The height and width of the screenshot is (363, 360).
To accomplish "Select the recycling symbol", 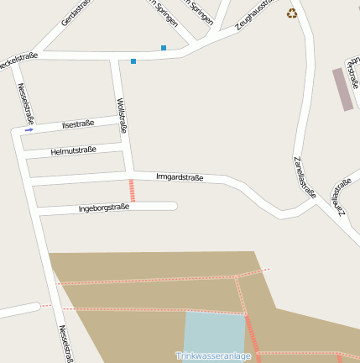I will (292, 13).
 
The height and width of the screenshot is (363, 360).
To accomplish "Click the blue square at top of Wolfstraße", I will (133, 60).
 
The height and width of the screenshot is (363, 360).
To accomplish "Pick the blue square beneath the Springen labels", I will (164, 48).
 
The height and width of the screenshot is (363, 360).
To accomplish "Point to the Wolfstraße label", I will (123, 116).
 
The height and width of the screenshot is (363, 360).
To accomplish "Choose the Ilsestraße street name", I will (79, 124).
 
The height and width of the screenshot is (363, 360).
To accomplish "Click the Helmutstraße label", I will (74, 150).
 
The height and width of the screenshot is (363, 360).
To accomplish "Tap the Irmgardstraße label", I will (180, 176).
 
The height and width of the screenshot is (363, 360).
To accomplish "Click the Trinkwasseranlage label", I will (213, 355).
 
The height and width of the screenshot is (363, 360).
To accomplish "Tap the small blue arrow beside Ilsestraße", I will (29, 130).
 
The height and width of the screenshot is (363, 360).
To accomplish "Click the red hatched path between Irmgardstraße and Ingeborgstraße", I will (131, 190).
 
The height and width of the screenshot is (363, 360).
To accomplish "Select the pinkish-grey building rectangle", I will (342, 89).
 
